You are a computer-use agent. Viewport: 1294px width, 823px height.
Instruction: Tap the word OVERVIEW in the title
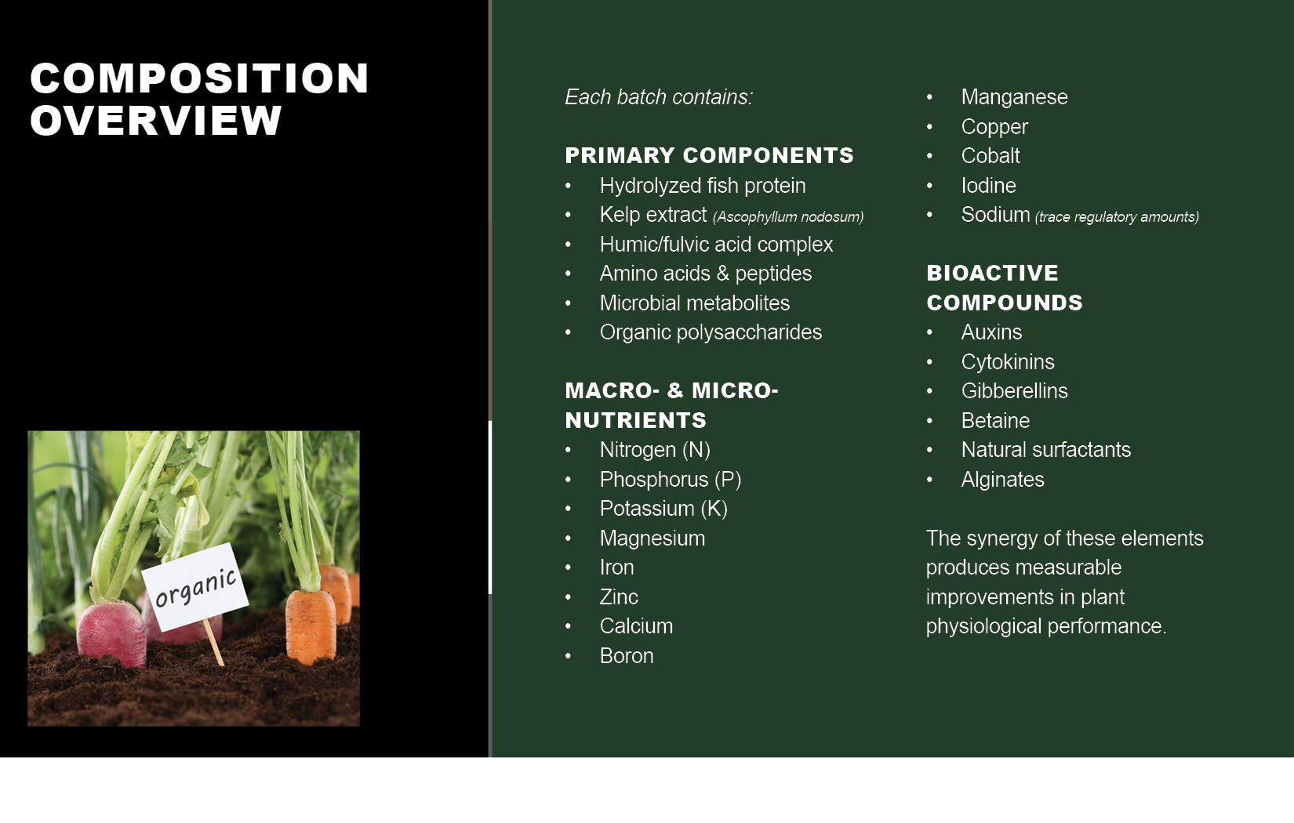[156, 121]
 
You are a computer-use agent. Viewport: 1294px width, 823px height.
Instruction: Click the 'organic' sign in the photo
[195, 587]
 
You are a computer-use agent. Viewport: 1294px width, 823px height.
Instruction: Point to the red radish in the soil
[111, 633]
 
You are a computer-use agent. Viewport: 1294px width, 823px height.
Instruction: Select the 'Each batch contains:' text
[659, 97]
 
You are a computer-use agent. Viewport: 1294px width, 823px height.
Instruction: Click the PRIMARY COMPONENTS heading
[710, 155]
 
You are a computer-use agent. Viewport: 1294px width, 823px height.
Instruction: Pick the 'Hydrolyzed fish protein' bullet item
[703, 186]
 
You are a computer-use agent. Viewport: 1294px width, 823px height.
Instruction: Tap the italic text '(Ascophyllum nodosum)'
[788, 217]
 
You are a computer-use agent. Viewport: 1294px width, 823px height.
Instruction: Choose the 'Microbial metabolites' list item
[694, 303]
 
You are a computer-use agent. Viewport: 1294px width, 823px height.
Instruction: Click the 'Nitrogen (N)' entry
[655, 449]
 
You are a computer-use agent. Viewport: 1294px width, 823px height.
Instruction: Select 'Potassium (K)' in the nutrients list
[663, 508]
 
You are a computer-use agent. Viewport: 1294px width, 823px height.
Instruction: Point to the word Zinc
[619, 596]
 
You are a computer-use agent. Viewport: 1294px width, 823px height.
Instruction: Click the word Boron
[627, 655]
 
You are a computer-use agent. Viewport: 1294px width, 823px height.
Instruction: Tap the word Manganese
[1014, 97]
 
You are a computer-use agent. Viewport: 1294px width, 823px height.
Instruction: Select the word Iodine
[988, 186]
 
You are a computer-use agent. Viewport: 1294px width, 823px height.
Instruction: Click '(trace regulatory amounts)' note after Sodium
[1118, 217]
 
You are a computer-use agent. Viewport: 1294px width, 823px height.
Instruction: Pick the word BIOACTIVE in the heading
[992, 274]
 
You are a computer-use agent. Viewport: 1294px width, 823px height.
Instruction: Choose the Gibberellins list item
[1014, 391]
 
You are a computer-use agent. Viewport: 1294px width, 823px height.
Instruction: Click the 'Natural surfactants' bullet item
[1046, 449]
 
